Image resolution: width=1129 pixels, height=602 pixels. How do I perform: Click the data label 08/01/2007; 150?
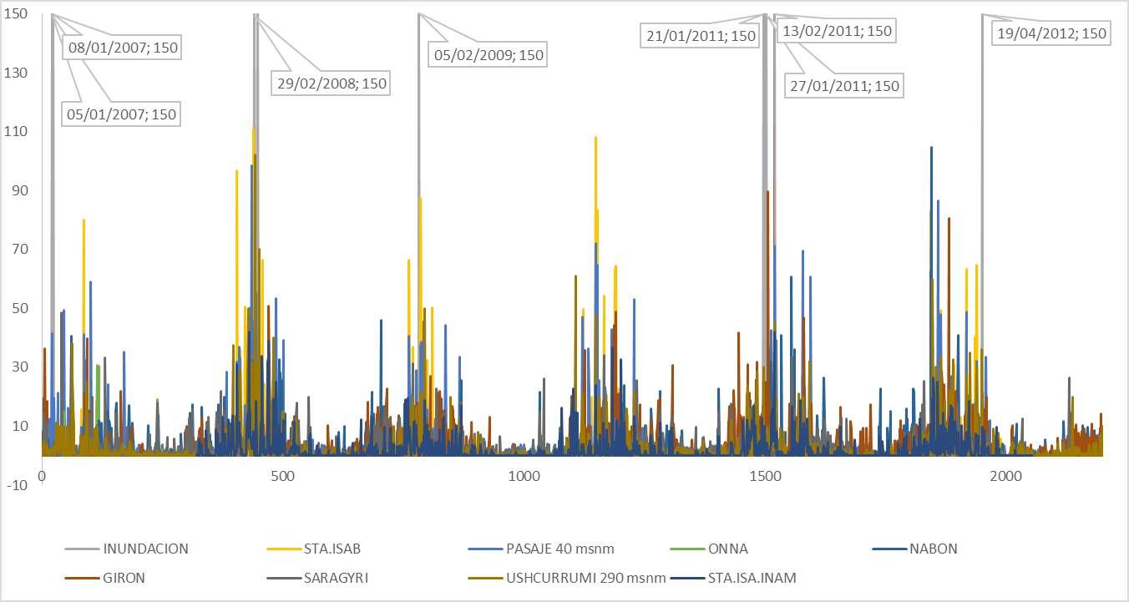coord(123,48)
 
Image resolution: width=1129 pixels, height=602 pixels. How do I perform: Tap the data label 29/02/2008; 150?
coord(332,83)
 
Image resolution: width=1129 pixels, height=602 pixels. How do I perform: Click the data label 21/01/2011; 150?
coord(700,35)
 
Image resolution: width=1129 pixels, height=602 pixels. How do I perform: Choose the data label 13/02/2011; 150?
coord(836,31)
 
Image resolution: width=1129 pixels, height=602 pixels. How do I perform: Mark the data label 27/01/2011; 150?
coord(843,85)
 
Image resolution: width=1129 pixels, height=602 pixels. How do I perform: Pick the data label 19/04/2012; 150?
coord(1051,33)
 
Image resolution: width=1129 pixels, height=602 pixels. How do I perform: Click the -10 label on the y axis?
coord(17,484)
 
